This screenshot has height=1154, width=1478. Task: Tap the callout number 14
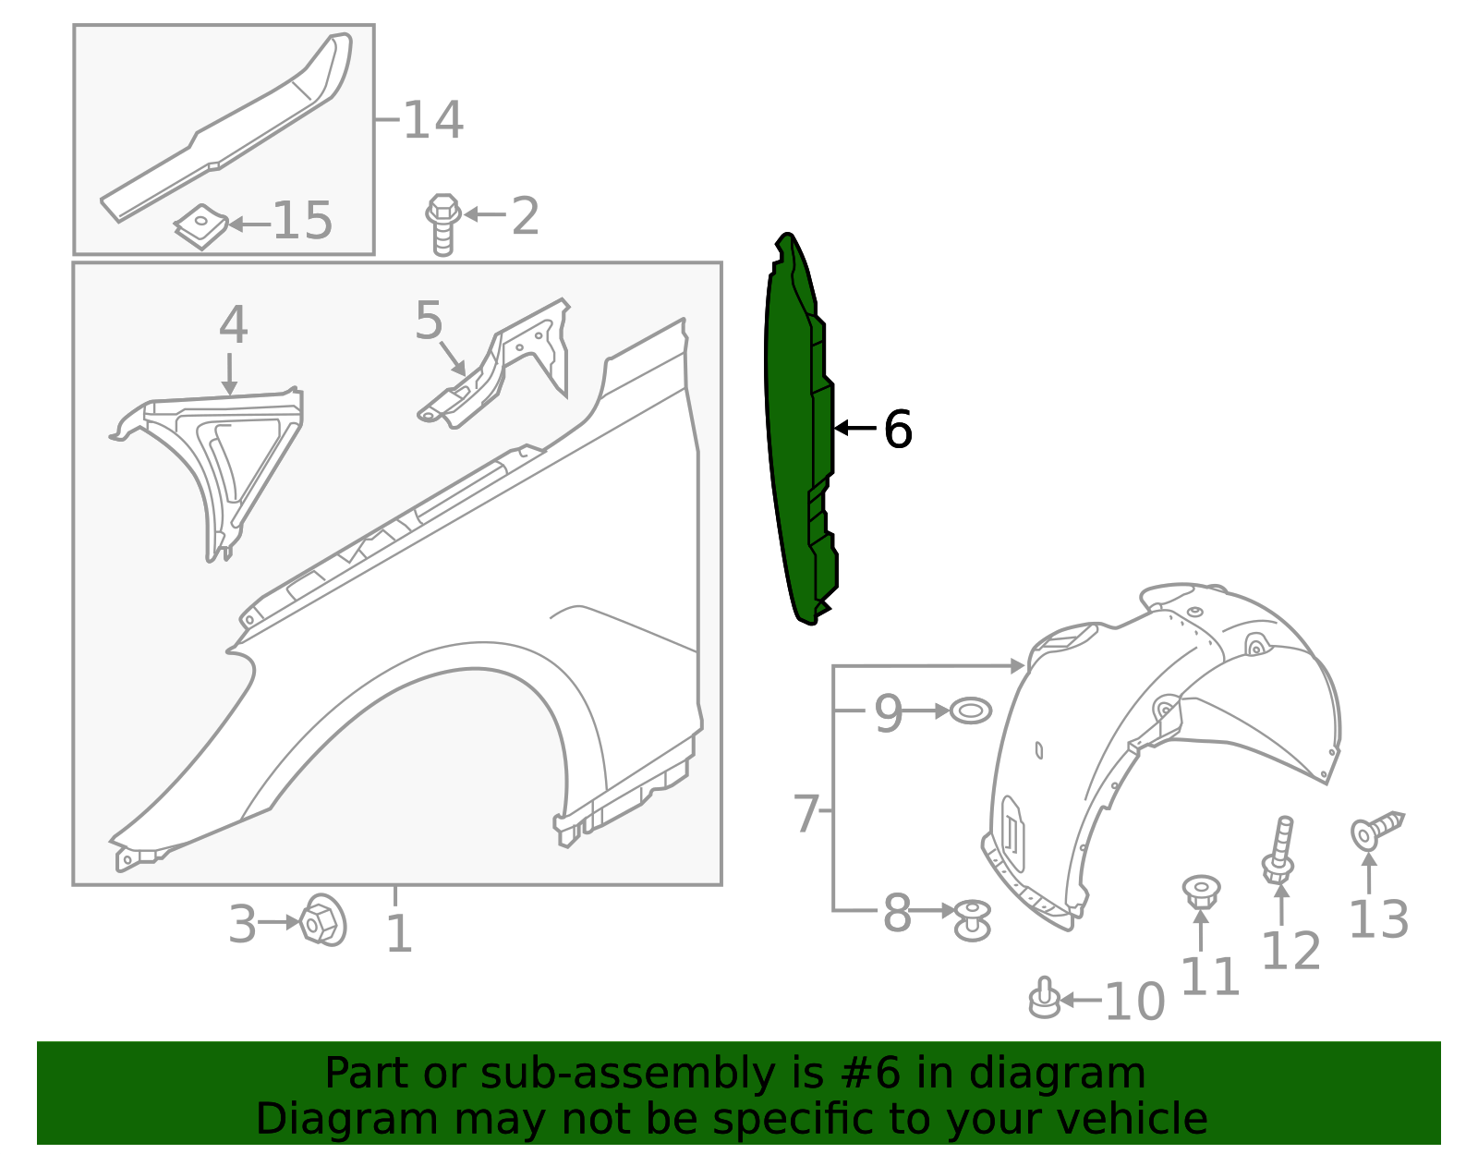tap(433, 120)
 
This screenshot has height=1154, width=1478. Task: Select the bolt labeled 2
tap(442, 225)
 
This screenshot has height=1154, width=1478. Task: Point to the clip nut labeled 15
tap(200, 225)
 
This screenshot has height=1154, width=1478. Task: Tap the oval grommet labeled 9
tap(971, 711)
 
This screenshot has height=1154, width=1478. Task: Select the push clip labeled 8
tap(972, 920)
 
